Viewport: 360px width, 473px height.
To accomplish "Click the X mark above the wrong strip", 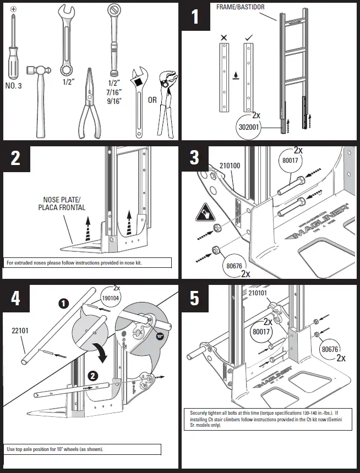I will [x=223, y=38].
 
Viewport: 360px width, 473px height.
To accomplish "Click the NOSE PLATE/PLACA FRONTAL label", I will [x=63, y=204].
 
